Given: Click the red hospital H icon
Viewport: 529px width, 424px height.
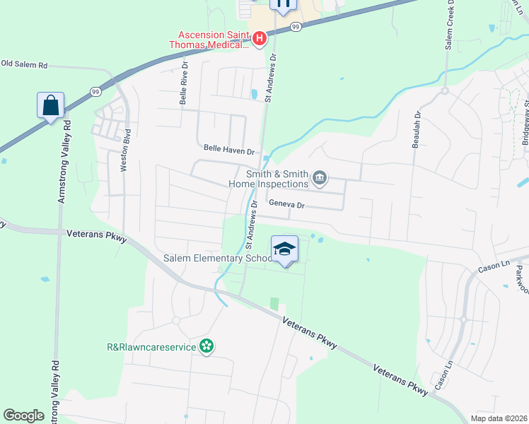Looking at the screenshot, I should [x=259, y=37].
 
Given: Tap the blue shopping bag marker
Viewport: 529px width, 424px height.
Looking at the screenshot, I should [x=50, y=106].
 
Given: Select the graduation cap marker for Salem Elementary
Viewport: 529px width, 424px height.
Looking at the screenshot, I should [x=284, y=249].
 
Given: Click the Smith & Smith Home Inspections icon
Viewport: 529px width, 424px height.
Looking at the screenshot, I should [x=320, y=177].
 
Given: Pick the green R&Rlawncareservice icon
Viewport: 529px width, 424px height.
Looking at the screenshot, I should [x=206, y=346].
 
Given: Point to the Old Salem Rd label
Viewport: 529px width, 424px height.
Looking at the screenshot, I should [x=24, y=64].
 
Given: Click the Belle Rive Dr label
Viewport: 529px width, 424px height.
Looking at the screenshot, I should [x=183, y=88].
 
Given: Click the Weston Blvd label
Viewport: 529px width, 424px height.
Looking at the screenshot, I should [x=126, y=149].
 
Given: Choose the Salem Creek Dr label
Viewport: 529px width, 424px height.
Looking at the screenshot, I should [x=449, y=25].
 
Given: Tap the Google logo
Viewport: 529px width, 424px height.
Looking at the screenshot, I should [x=23, y=415].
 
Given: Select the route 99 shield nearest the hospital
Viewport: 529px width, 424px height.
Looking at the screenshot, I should [x=296, y=26].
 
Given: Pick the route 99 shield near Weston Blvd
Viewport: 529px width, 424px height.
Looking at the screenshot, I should [x=95, y=91].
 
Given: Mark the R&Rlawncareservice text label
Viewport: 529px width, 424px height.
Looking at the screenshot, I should [x=151, y=347].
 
